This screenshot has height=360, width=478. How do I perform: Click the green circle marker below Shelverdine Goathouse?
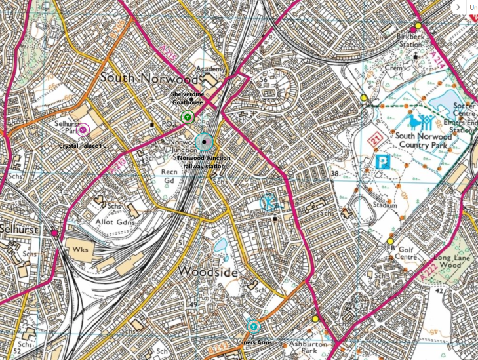pyautogui.click(x=188, y=117)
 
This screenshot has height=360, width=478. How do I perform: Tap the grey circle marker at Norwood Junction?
pyautogui.click(x=205, y=142)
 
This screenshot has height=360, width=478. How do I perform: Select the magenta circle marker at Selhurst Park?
pyautogui.click(x=83, y=130)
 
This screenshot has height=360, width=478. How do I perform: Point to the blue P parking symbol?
pyautogui.click(x=383, y=161)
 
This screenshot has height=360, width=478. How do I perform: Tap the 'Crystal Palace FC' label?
pyautogui.click(x=83, y=145)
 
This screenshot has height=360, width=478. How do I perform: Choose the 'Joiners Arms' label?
pyautogui.click(x=254, y=342)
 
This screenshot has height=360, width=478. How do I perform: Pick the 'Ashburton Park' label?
pyautogui.click(x=309, y=346)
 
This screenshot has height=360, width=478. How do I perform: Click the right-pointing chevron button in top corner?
pyautogui.click(x=458, y=7)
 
